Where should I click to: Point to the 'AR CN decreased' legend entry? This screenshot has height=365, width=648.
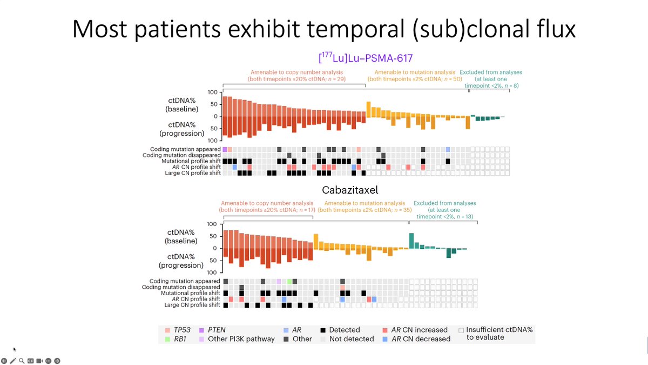click(x=415, y=339)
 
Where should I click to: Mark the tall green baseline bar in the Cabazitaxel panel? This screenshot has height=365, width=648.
click(x=411, y=241)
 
